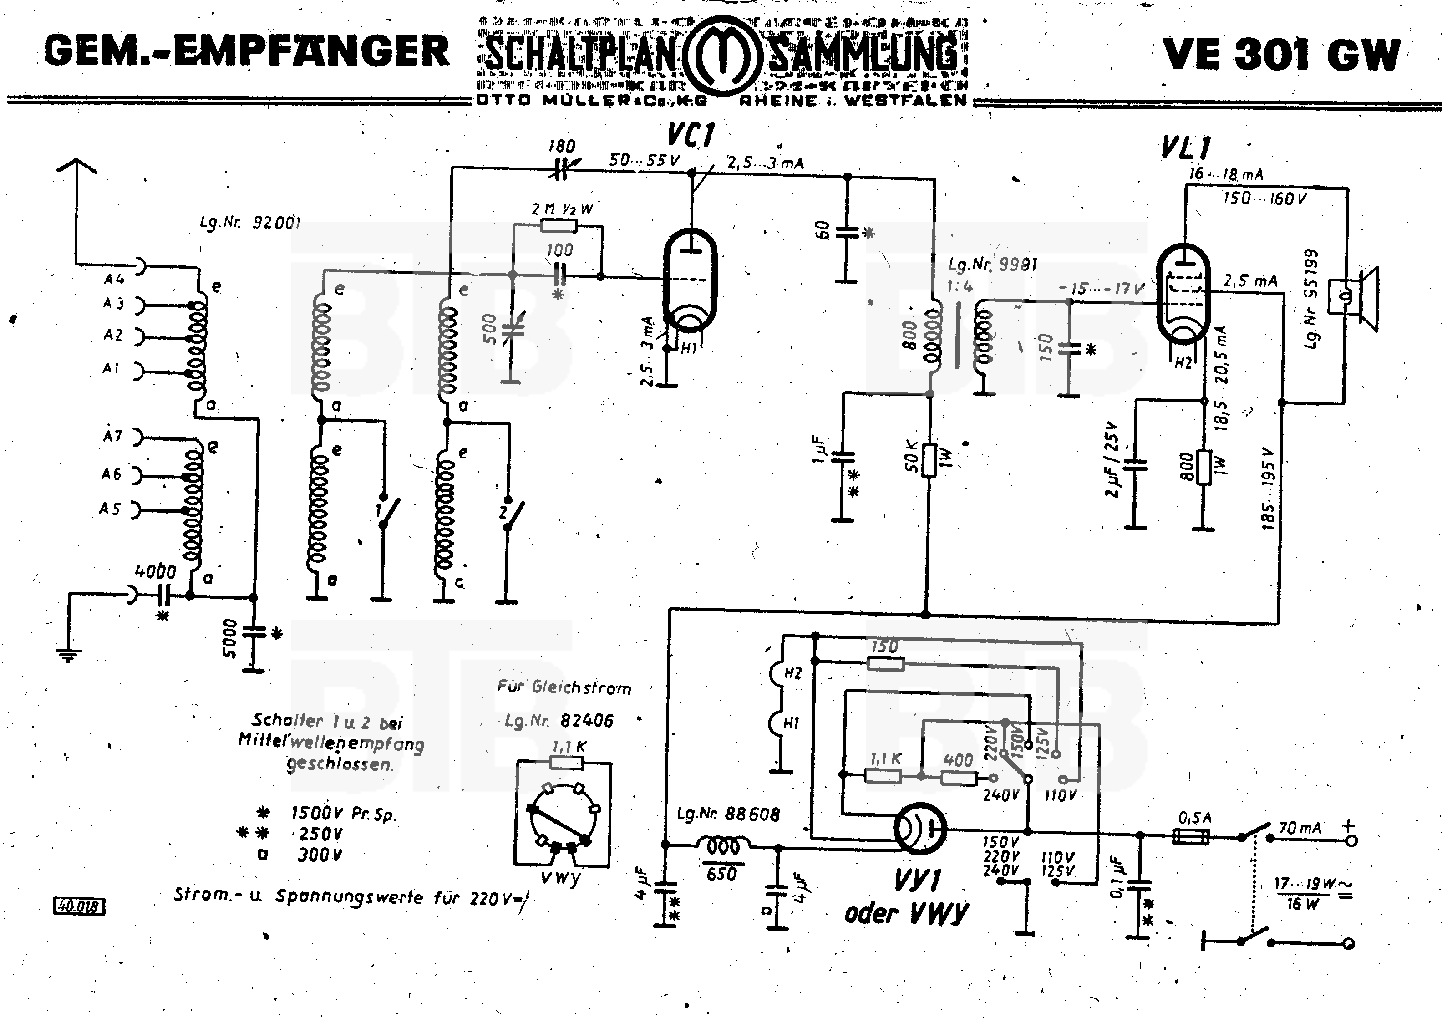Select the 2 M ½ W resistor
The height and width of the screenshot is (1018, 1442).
[559, 226]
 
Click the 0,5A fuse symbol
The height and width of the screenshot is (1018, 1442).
[1191, 836]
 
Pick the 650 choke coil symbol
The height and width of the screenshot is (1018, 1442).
[723, 846]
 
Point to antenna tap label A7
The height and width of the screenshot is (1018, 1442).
[113, 435]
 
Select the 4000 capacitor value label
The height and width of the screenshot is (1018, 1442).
[156, 571]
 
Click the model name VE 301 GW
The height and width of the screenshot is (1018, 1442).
[1281, 55]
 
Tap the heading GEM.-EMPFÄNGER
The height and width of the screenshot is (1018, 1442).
[247, 51]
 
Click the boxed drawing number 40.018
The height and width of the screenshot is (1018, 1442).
[79, 906]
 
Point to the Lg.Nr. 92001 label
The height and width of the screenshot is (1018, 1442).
[250, 222]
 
